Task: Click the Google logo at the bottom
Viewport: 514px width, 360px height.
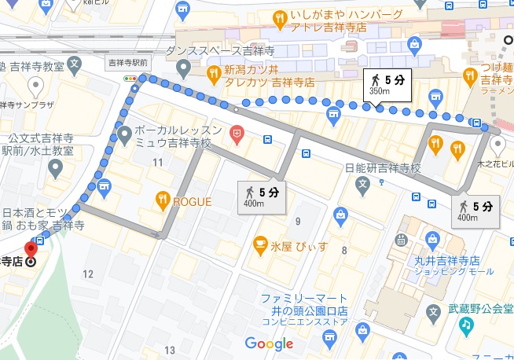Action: (x=268, y=343)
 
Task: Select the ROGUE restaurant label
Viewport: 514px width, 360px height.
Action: (x=192, y=201)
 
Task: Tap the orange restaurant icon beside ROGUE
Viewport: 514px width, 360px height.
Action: (x=162, y=200)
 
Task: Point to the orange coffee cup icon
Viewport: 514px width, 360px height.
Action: (x=258, y=246)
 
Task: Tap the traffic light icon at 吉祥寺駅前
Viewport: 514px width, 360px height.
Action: (x=130, y=79)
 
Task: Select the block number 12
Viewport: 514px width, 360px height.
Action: (x=88, y=274)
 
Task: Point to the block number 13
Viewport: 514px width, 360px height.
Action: (x=170, y=350)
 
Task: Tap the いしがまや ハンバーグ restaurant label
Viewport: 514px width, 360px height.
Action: (x=345, y=16)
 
